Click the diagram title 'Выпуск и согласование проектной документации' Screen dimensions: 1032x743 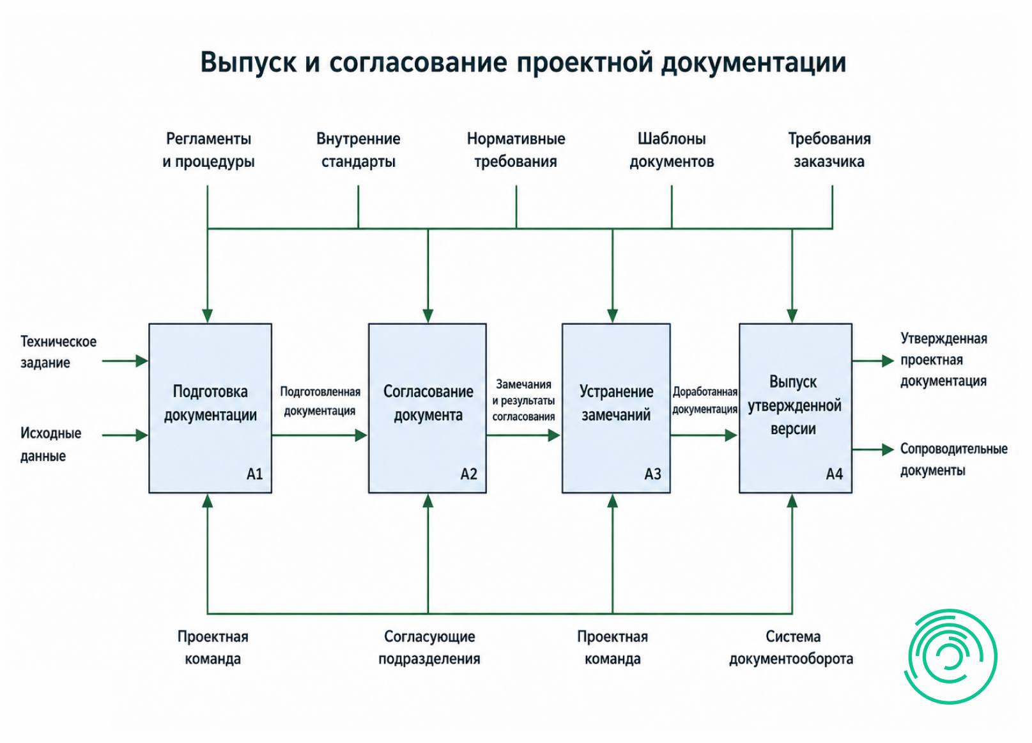tap(523, 62)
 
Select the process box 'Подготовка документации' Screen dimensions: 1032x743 tap(210, 409)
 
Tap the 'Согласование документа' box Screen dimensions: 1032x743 tap(427, 409)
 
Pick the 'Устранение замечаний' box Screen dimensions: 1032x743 tap(616, 409)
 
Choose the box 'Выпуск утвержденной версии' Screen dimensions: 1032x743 tap(796, 409)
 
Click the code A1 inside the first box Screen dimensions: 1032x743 tap(254, 474)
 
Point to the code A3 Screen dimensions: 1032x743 tap(652, 474)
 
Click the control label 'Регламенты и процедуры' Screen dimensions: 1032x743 tap(208, 150)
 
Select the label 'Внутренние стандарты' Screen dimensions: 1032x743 tap(358, 150)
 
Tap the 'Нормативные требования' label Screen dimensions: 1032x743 tap(516, 150)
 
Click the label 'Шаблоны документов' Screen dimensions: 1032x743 tap(672, 150)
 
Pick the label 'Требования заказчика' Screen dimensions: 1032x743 tap(829, 150)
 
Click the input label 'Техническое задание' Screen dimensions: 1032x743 tap(59, 352)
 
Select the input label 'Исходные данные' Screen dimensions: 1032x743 tap(50, 444)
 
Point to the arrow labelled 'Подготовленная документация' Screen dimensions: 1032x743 tap(320, 435)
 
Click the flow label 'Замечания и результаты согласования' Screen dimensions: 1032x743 tap(523, 400)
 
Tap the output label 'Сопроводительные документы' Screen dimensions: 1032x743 tap(953, 460)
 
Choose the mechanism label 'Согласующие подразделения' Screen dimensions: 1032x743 tap(429, 648)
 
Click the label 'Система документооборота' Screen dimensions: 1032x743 tap(791, 648)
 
